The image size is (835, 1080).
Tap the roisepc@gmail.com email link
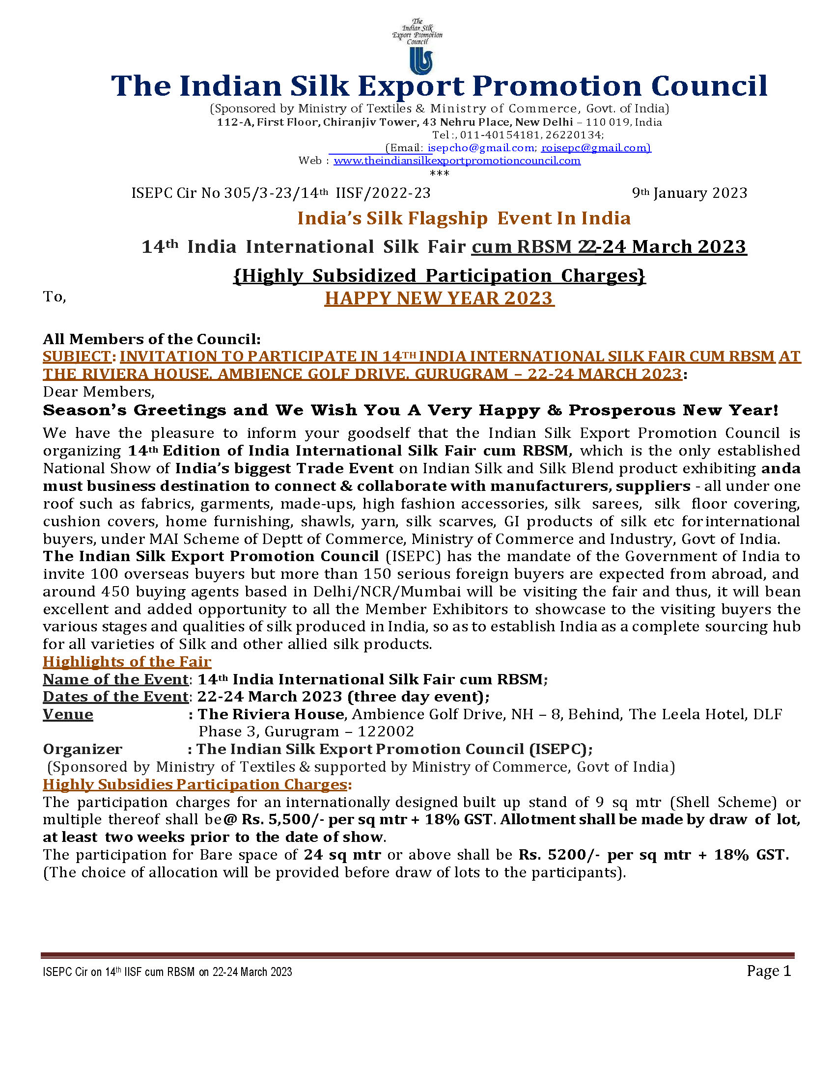[596, 148]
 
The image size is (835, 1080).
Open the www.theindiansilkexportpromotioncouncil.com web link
[457, 161]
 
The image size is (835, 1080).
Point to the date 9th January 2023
[689, 193]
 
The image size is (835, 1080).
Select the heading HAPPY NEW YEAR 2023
[439, 298]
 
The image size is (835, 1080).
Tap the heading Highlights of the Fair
[127, 662]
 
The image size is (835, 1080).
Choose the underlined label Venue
[68, 714]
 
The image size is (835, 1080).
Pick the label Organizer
[82, 749]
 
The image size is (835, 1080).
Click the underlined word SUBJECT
[77, 356]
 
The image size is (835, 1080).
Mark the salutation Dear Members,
[98, 392]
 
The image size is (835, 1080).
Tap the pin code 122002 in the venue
[386, 731]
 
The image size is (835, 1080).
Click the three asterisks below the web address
[439, 174]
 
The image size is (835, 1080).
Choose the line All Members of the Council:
[151, 339]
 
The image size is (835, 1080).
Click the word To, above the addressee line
[55, 297]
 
